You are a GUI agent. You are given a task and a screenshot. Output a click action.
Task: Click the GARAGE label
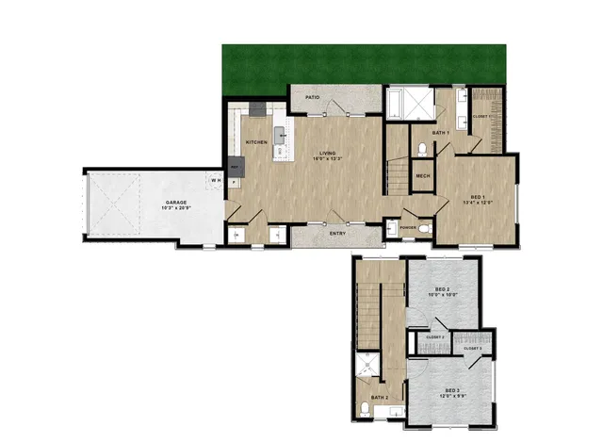[176, 203]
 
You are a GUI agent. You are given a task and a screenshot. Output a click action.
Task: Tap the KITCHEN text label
[256, 142]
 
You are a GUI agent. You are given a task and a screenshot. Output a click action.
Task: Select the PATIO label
[311, 97]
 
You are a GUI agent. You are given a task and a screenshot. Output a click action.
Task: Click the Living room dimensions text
[328, 159]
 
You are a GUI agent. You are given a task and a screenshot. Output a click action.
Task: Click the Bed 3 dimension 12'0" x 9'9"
[451, 396]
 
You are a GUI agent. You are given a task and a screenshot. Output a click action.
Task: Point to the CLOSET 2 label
[435, 336]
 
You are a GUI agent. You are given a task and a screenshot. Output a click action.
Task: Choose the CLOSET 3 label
[473, 349]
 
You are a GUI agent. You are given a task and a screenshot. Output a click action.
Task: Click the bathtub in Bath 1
[397, 104]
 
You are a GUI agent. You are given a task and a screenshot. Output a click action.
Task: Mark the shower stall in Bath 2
[365, 369]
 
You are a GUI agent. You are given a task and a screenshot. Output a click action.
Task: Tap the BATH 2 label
[380, 399]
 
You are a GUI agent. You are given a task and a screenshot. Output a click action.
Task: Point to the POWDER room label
[408, 227]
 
